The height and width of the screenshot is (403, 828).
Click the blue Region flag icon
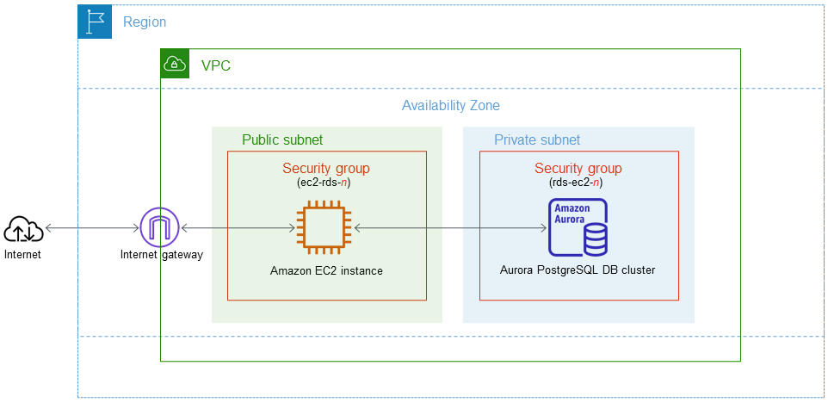(x=95, y=22)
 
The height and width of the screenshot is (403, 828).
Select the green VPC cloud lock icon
(x=175, y=64)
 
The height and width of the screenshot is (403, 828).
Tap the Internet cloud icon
(x=23, y=230)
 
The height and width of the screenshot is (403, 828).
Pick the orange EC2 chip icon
(x=325, y=227)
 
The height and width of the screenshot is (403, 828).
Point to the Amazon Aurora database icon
(x=578, y=227)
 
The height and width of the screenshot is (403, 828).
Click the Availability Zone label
(x=450, y=106)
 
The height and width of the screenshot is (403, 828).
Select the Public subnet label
(x=282, y=139)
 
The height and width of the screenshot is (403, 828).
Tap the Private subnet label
(x=537, y=139)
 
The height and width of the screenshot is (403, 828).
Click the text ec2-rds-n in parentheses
(x=325, y=183)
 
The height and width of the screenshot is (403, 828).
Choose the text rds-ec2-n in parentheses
(x=578, y=183)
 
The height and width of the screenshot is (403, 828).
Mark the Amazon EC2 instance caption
(x=326, y=270)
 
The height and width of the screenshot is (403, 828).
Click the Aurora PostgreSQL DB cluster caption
(x=578, y=270)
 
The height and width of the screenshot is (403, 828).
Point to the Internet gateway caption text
(x=161, y=255)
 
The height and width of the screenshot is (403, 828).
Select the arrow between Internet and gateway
(x=92, y=228)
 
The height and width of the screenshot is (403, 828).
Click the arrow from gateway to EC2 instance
(x=238, y=228)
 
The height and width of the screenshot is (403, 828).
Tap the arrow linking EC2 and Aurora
(x=450, y=228)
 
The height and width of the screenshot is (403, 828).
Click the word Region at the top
(x=145, y=22)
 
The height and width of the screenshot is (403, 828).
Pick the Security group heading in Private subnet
(x=578, y=168)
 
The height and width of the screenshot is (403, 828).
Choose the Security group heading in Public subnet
(x=325, y=168)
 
